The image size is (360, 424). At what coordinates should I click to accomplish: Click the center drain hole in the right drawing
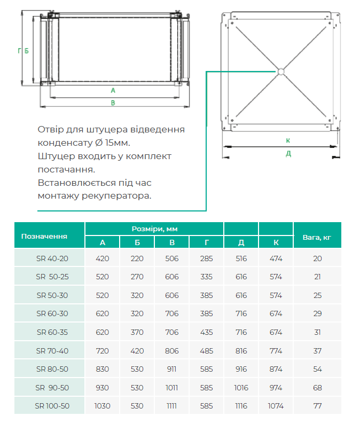(280, 71)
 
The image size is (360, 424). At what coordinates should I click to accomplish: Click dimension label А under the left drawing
(113, 90)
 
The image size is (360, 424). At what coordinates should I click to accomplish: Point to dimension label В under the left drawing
(113, 103)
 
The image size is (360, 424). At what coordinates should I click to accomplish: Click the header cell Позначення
(44, 235)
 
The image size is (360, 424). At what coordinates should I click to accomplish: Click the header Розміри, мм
(154, 228)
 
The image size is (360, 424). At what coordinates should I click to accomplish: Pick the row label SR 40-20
(52, 258)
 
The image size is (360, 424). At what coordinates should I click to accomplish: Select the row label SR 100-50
(52, 406)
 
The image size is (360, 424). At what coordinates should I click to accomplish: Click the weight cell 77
(318, 406)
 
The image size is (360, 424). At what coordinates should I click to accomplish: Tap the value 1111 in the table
(172, 406)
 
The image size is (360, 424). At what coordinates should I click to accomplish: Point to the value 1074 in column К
(276, 406)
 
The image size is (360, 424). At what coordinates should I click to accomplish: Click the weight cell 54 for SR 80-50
(318, 369)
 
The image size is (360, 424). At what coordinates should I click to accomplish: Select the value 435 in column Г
(206, 332)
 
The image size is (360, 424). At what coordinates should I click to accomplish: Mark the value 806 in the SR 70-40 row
(172, 350)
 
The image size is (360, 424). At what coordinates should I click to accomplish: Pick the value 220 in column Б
(137, 258)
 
